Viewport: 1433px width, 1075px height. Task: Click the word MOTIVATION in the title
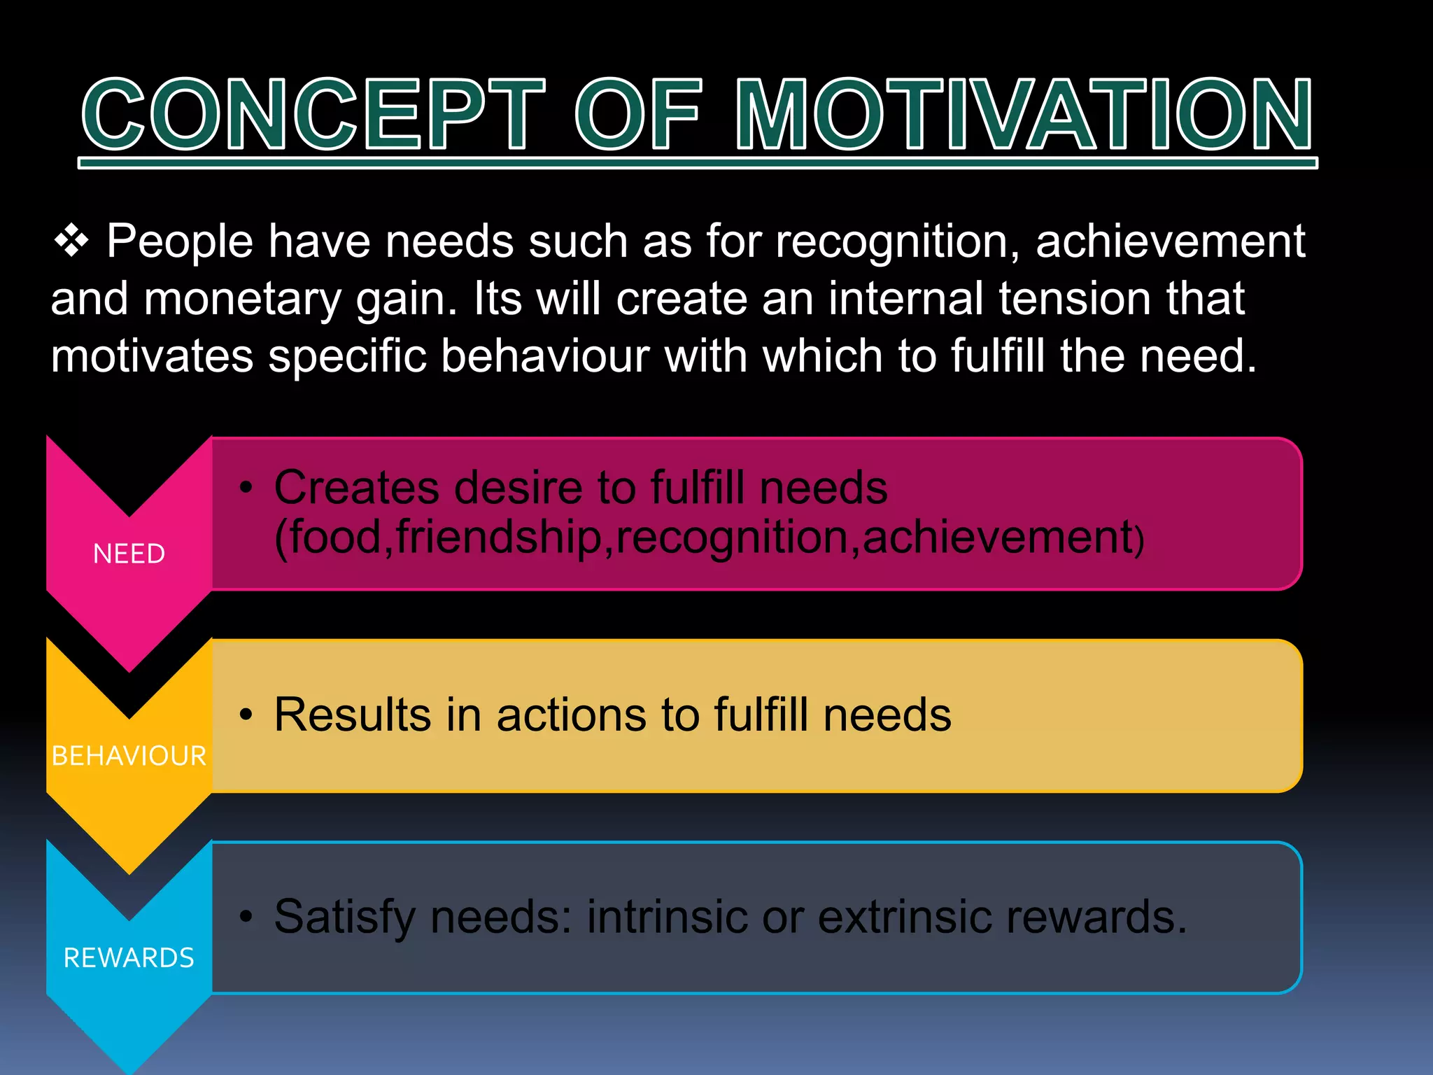click(x=1024, y=115)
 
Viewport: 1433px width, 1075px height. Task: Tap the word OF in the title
click(x=637, y=115)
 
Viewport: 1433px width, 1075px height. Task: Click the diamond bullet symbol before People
click(x=71, y=241)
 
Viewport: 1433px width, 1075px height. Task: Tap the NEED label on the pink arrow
click(x=129, y=554)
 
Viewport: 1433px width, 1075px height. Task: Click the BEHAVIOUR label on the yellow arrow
click(x=129, y=756)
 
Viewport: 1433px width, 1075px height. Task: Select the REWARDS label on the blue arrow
click(x=129, y=958)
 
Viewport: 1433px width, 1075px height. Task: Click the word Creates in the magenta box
click(x=357, y=487)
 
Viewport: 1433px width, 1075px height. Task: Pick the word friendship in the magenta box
click(x=498, y=537)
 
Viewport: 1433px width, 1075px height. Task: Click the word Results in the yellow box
click(x=353, y=715)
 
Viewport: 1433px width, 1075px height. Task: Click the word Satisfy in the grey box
click(x=344, y=917)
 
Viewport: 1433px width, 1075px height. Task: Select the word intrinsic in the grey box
click(x=667, y=917)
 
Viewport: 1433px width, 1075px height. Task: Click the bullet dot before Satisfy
click(x=246, y=917)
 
